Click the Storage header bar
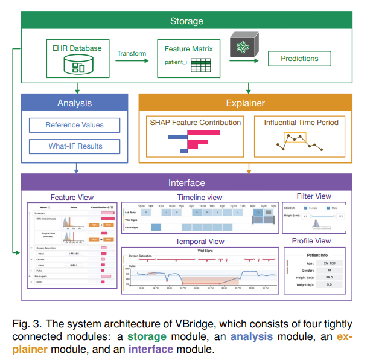[186, 21]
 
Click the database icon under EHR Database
[78, 65]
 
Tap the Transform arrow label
[132, 53]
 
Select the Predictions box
[299, 59]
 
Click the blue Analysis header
[74, 103]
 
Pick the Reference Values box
[74, 125]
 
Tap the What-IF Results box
[75, 146]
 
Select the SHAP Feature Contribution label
[195, 122]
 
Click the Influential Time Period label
[301, 122]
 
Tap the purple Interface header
[186, 182]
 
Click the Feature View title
[72, 198]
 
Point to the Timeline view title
[199, 198]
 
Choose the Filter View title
[314, 196]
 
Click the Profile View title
[314, 241]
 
